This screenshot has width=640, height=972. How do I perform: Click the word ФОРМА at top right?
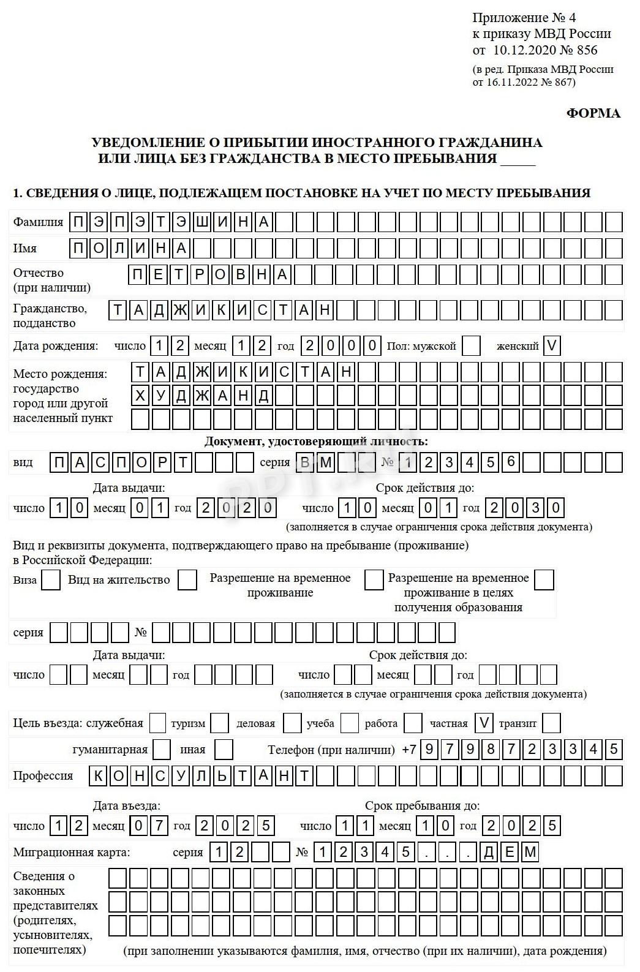click(x=593, y=113)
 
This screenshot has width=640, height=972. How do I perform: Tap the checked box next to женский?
click(x=551, y=346)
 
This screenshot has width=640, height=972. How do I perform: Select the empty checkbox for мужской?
click(x=471, y=346)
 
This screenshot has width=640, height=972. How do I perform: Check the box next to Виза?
click(x=51, y=580)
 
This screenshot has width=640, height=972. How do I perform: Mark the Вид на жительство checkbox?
click(x=187, y=580)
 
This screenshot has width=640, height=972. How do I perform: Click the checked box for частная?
click(x=484, y=723)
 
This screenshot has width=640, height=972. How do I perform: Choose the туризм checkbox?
click(x=219, y=723)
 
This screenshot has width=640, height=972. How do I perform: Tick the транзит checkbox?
click(x=551, y=723)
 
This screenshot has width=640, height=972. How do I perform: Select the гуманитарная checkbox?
click(x=162, y=750)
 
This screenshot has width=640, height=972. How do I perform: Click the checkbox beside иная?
click(x=224, y=750)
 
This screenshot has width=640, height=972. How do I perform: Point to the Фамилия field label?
click(x=38, y=222)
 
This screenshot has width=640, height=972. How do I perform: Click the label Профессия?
click(x=43, y=776)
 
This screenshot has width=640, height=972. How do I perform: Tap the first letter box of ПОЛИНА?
click(x=79, y=248)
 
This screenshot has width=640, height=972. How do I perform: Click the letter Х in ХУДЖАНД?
click(x=141, y=396)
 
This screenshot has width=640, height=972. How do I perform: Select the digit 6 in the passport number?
click(x=511, y=462)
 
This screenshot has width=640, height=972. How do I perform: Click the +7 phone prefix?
click(x=408, y=750)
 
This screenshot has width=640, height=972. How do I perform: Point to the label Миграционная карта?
click(x=72, y=852)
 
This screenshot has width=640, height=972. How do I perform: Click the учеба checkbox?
click(x=350, y=723)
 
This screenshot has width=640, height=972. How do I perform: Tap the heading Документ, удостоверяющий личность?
click(x=316, y=442)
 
